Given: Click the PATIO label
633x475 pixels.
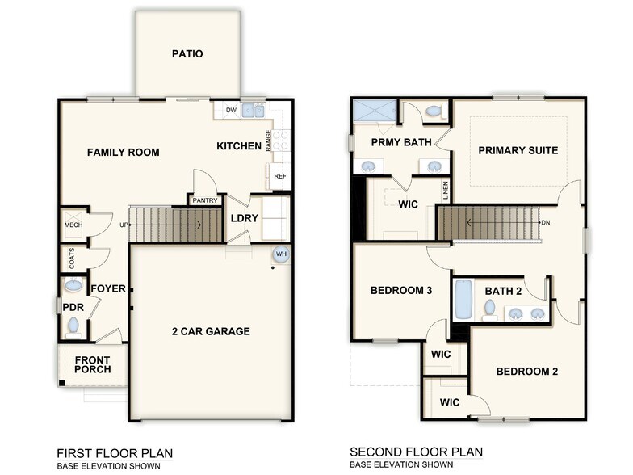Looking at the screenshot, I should (187, 54).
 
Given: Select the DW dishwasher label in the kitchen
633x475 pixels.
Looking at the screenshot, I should (231, 111).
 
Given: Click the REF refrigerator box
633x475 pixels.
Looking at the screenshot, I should (279, 176).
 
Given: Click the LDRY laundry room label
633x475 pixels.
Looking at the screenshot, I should (244, 218).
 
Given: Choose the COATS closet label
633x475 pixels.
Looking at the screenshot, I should (72, 259).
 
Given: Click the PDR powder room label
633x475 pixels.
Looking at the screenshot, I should (73, 308).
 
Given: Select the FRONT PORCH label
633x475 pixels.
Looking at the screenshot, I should (93, 364).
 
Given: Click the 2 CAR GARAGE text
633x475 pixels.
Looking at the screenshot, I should (211, 331).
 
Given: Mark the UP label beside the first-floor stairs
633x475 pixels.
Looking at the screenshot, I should (124, 225).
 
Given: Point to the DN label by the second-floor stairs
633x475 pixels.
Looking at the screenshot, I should (545, 223).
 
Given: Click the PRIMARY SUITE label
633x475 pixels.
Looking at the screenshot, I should (518, 150).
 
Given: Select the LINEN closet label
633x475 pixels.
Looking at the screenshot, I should (445, 191).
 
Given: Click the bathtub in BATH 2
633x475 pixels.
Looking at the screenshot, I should (463, 300).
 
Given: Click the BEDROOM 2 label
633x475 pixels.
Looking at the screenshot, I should (526, 372).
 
